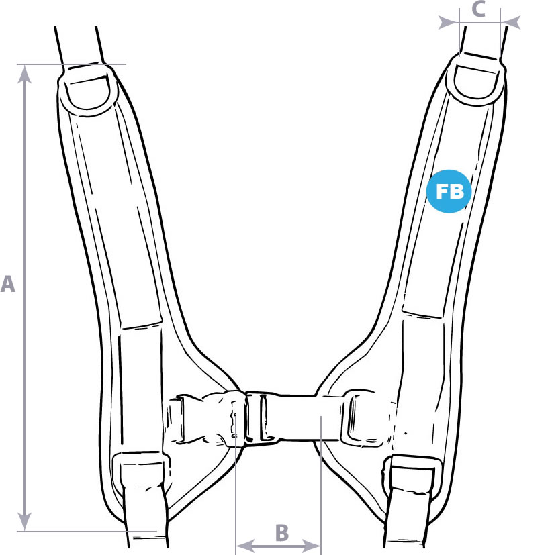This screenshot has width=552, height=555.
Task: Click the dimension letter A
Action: coord(8,285)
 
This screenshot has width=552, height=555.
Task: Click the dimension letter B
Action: coord(282,532)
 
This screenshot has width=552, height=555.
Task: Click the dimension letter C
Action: coord(478,9)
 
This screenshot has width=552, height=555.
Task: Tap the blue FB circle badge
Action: coord(449,191)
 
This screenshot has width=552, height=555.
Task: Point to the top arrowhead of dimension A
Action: coord(24,74)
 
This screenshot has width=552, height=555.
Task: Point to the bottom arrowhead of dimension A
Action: coord(24,521)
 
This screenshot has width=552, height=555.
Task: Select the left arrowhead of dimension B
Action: coord(245,545)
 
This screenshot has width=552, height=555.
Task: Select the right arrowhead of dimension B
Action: coord(312,545)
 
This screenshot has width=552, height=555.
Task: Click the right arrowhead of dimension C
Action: coord(510,22)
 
